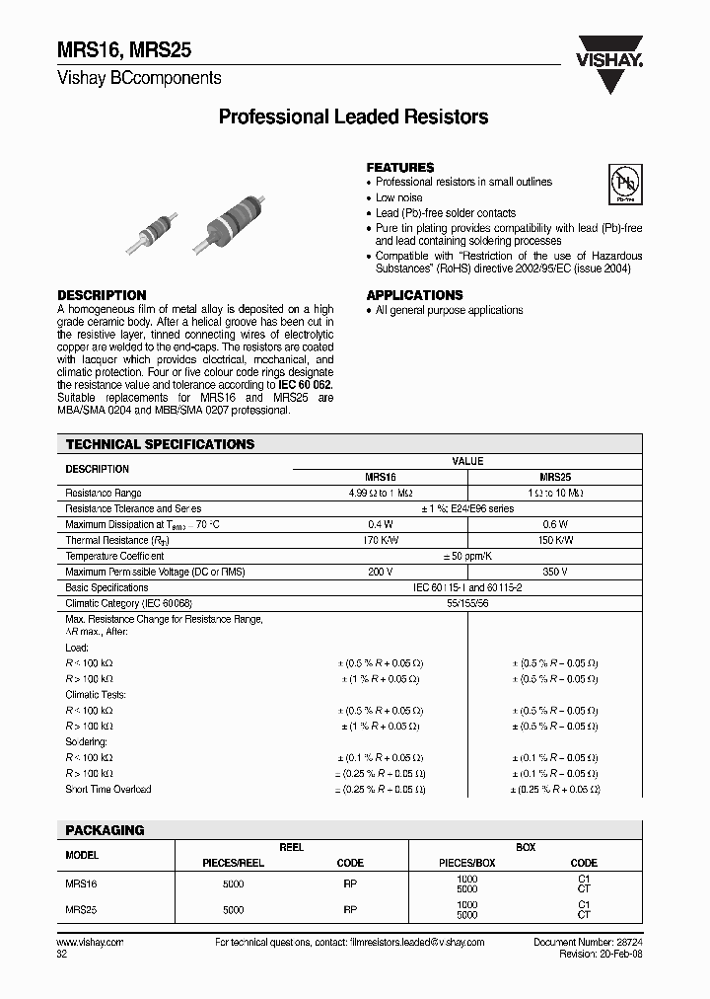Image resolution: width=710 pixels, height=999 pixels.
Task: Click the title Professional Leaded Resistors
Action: [x=353, y=117]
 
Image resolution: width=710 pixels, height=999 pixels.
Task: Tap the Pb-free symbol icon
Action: [x=623, y=185]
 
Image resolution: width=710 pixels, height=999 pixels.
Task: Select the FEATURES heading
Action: [x=400, y=168]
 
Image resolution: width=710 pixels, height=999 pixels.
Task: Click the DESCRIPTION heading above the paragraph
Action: [x=102, y=295]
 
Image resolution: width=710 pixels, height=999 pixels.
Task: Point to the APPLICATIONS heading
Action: [x=414, y=295]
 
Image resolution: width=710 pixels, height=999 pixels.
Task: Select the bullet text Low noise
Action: [x=399, y=197]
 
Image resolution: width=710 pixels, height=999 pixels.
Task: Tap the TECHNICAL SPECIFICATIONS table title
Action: [x=160, y=445]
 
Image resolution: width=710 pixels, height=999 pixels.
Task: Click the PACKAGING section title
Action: [x=105, y=830]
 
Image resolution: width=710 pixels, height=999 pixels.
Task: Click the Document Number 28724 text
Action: [x=589, y=943]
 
